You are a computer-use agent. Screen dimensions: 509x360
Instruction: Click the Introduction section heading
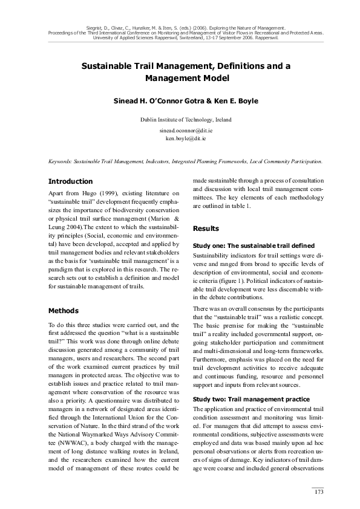pos(70,181)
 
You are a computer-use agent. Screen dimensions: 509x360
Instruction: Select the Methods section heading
pos(63,311)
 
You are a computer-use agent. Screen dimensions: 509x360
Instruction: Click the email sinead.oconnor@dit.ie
pos(180,130)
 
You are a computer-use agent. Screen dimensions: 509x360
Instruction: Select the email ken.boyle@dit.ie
pos(180,138)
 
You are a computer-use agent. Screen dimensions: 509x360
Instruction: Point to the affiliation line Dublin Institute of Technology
pos(180,120)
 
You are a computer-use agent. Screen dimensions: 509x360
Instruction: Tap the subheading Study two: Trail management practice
pos(250,383)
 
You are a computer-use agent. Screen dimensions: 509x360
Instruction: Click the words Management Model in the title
pos(180,79)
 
